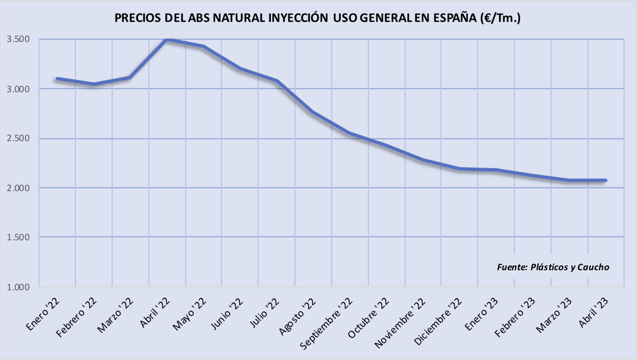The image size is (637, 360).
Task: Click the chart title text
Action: point(317,18)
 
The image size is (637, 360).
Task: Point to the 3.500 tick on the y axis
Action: point(18,39)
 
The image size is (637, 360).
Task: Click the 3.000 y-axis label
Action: point(18,89)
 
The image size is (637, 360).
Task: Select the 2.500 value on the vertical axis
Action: point(18,138)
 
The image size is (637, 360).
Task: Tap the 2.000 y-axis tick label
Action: point(18,188)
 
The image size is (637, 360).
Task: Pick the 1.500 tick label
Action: point(18,237)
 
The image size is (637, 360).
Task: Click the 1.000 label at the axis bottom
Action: point(18,287)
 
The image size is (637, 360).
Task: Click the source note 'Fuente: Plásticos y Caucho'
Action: point(553,267)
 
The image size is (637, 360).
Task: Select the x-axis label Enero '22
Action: point(43,314)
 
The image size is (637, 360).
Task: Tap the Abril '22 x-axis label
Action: point(155,312)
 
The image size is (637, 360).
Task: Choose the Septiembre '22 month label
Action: point(326,323)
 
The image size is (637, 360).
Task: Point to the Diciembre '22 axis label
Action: point(438,321)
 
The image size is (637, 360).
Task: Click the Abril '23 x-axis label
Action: point(594,312)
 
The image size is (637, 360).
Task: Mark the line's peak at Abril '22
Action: point(167,39)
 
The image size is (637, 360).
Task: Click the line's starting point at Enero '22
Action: point(57,79)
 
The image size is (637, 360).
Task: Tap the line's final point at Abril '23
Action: point(606,180)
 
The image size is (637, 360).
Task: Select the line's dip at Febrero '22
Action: point(94,84)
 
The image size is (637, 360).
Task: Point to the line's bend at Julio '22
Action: point(276,81)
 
